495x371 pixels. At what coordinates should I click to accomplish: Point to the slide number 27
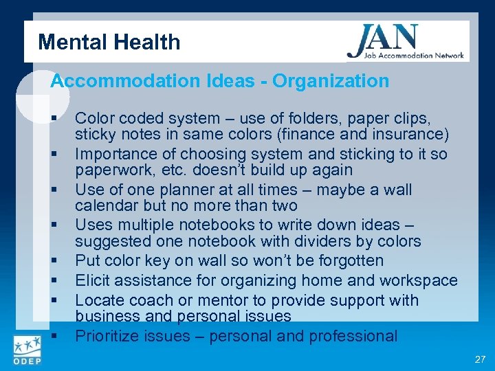coord(479,359)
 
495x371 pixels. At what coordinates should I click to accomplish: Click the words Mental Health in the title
coord(109,43)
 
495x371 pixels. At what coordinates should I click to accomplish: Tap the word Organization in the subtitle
coord(331,81)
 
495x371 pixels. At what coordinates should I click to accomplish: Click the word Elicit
coord(91,280)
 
